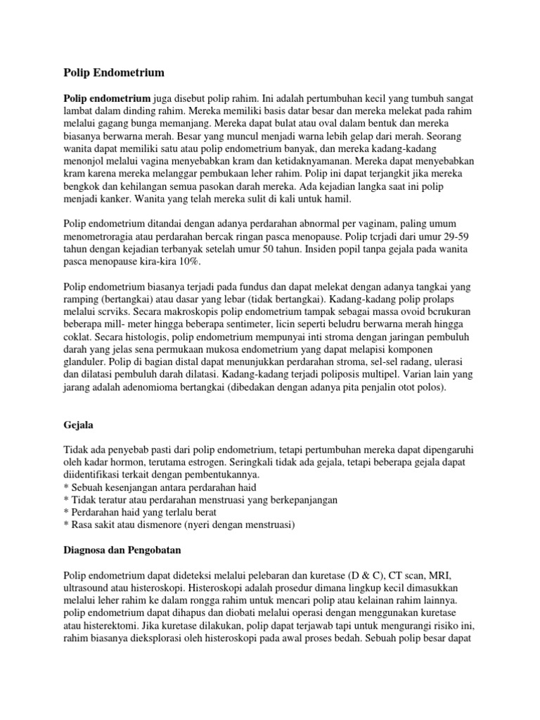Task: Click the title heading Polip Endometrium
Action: pos(114,72)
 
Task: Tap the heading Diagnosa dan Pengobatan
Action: pos(124,543)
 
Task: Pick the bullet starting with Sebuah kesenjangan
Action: pos(160,487)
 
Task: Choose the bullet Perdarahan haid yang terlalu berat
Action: pos(142,513)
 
